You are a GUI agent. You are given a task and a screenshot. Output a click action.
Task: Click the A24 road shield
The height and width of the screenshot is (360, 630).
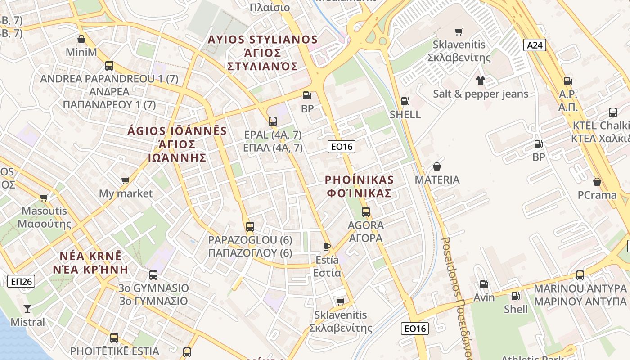point(535,45)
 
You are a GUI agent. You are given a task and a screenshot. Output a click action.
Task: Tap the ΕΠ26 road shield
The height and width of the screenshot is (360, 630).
point(21,281)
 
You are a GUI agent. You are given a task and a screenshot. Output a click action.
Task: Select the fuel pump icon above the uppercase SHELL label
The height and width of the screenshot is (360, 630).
point(405,101)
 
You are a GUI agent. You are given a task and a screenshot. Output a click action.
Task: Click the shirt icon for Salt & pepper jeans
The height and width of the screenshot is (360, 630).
point(481,81)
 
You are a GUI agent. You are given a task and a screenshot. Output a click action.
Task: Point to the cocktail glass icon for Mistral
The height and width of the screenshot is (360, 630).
point(27,309)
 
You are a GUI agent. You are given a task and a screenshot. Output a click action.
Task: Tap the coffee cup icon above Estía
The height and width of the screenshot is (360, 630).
point(327,247)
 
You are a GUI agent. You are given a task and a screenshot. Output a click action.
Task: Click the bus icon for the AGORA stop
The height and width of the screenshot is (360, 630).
point(366,211)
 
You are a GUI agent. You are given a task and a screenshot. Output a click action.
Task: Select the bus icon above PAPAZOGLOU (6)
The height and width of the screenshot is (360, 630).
point(250,226)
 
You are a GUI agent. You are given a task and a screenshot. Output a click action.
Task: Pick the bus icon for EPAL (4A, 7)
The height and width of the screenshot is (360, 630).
point(273,121)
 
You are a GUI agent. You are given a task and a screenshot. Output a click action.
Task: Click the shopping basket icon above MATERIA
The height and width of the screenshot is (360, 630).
point(436,166)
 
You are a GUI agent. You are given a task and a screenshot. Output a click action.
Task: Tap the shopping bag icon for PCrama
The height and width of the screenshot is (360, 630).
point(597,182)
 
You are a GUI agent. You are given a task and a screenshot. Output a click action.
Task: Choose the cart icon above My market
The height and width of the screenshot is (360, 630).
point(125,180)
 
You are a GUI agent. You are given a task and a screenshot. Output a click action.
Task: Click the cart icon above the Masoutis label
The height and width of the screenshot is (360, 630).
point(44,198)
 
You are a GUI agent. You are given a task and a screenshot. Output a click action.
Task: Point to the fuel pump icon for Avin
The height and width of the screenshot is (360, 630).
point(484,284)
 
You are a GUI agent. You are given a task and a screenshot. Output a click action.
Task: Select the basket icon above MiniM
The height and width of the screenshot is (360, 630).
point(81,39)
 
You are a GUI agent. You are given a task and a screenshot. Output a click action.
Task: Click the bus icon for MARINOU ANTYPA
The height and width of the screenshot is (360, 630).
point(580,275)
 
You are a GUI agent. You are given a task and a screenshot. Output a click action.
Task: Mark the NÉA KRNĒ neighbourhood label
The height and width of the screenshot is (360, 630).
point(90,256)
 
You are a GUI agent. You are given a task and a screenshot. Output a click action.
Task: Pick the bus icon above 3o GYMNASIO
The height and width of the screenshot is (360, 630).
point(153,274)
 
